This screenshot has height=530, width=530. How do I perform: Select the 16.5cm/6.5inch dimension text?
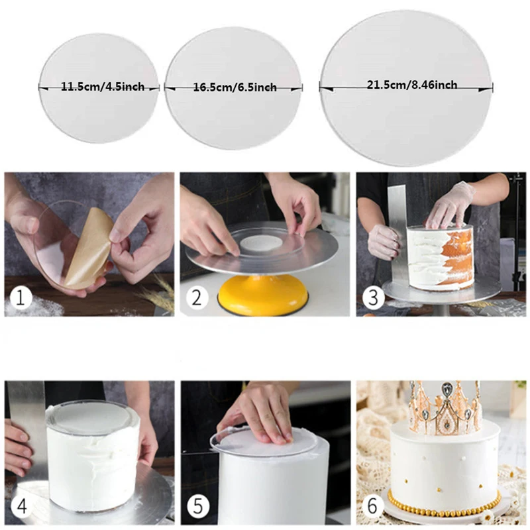(x=234, y=87)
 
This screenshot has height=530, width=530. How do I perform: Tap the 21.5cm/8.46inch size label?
(x=411, y=84)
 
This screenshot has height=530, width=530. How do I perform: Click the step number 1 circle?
(x=21, y=298)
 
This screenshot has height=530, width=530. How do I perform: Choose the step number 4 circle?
(x=21, y=507)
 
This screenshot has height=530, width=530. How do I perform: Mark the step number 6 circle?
(x=372, y=507)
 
